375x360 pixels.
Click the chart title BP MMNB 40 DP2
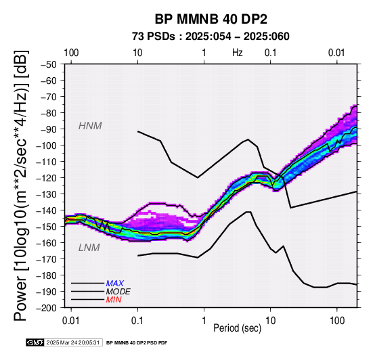[x=211, y=19]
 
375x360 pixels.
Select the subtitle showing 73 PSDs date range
[x=211, y=37]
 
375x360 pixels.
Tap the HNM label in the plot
[x=90, y=126]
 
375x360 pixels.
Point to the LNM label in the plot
[x=89, y=248]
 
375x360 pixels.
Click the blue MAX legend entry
[x=115, y=284]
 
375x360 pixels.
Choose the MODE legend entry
[x=118, y=292]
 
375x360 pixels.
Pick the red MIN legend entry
[x=114, y=300]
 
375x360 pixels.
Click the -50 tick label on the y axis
[x=49, y=64]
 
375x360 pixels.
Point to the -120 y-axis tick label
[x=47, y=178]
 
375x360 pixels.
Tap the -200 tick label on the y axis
[x=47, y=308]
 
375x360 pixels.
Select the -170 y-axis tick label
[x=47, y=259]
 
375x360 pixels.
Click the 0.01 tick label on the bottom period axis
[x=71, y=321]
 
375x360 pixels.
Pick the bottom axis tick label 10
[x=271, y=321]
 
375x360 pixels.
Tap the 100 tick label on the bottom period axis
[x=337, y=321]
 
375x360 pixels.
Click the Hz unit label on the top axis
[x=237, y=53]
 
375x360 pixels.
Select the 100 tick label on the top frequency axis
[x=71, y=53]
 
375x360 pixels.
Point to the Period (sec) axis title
[x=237, y=328]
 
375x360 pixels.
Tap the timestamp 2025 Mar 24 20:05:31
[x=73, y=342]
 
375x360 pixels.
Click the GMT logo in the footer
[x=35, y=342]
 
